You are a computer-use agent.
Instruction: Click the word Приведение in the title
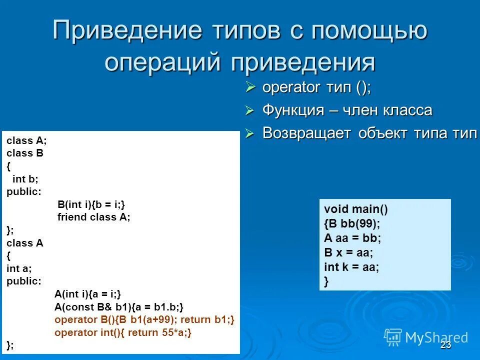(x=127, y=31)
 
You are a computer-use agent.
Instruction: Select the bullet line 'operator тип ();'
(x=316, y=87)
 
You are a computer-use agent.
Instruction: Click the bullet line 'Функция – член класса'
(x=347, y=110)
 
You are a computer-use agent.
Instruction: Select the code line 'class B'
(x=25, y=153)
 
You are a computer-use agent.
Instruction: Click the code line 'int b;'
(x=25, y=178)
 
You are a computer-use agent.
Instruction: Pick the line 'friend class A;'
(x=93, y=217)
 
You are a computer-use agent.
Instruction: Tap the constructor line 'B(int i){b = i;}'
(x=91, y=204)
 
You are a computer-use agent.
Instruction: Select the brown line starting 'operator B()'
(x=144, y=319)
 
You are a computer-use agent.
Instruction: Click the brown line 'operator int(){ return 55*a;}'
(x=123, y=332)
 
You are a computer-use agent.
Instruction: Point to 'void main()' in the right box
(x=356, y=209)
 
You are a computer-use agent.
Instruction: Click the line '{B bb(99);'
(x=352, y=223)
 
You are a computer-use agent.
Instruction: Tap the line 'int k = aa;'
(x=351, y=267)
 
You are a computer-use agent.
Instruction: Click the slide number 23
(x=446, y=345)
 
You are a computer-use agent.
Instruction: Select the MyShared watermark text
(x=436, y=337)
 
